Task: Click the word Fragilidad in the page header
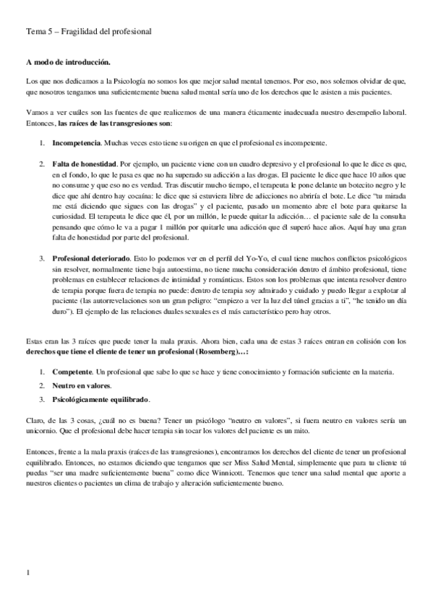coord(77,32)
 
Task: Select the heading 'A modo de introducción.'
coord(68,64)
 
